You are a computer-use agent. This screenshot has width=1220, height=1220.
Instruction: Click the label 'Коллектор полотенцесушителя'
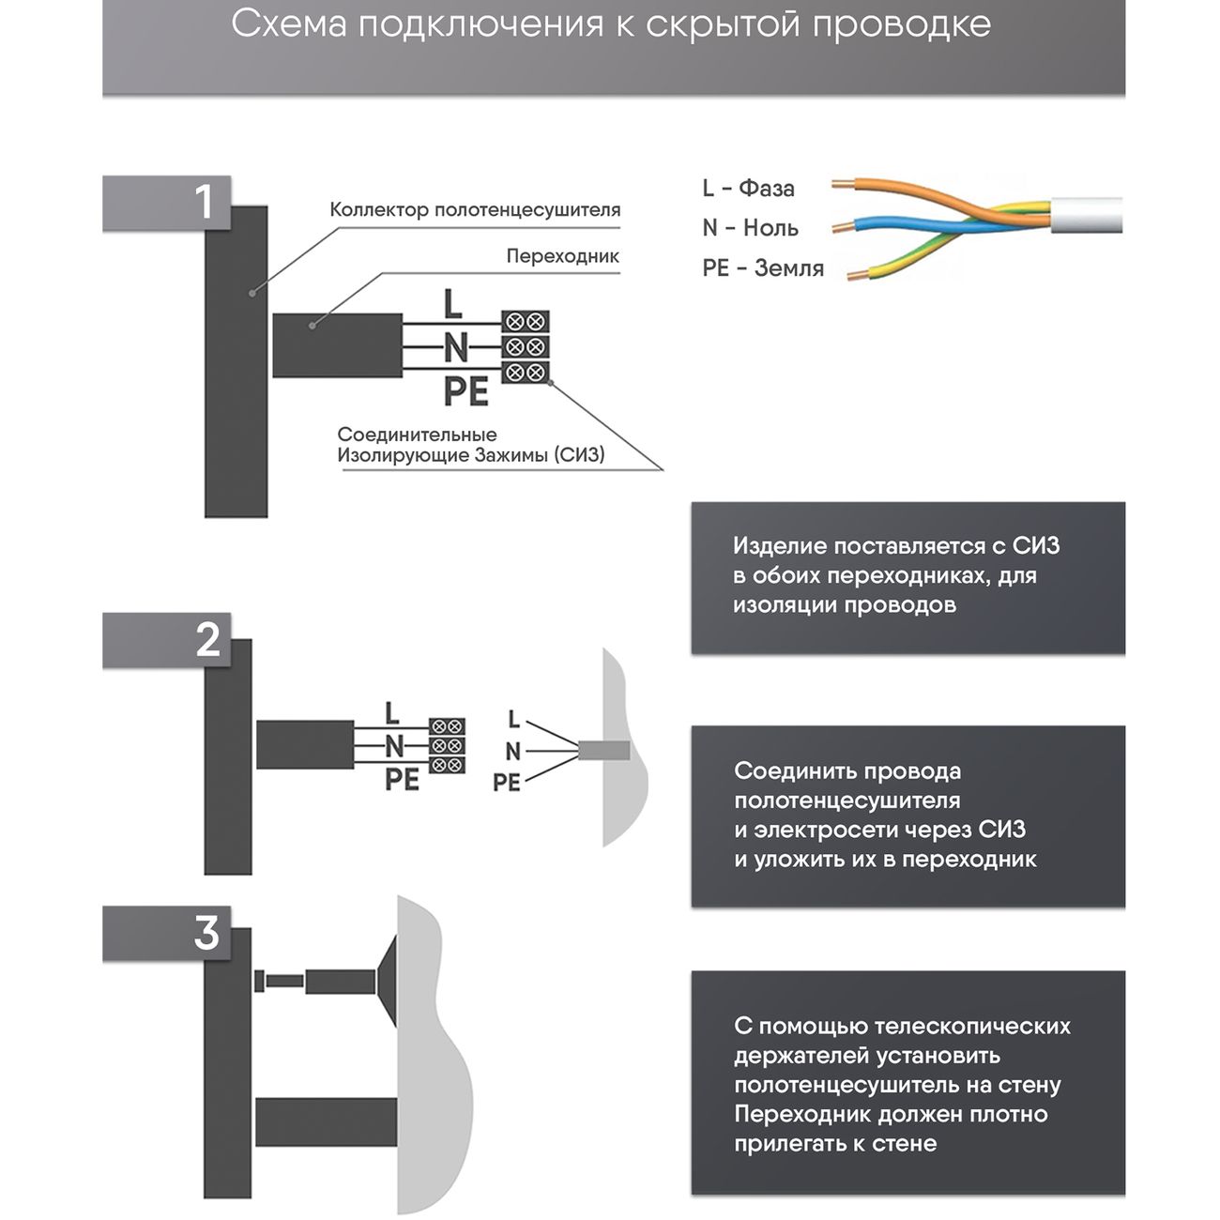click(475, 210)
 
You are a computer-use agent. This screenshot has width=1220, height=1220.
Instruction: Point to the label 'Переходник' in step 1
click(562, 256)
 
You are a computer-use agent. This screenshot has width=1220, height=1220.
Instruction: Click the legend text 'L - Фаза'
click(748, 189)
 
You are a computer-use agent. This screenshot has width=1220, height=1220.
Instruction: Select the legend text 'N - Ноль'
click(750, 228)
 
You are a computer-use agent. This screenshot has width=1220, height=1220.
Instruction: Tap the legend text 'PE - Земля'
click(763, 268)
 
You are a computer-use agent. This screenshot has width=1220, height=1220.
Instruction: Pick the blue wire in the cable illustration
click(901, 227)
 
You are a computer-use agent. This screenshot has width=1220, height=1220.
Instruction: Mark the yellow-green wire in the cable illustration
click(901, 265)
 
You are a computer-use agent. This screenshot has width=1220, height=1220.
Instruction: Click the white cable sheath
click(1089, 216)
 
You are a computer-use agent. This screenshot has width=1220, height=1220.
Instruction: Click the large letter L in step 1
click(453, 305)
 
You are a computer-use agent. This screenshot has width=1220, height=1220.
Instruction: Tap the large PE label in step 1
click(466, 391)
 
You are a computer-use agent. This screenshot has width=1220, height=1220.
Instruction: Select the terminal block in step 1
click(525, 347)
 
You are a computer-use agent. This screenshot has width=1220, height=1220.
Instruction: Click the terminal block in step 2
click(448, 746)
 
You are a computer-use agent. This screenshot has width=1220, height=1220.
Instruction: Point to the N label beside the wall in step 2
click(512, 751)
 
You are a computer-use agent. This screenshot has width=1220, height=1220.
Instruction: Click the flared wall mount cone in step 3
click(387, 982)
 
